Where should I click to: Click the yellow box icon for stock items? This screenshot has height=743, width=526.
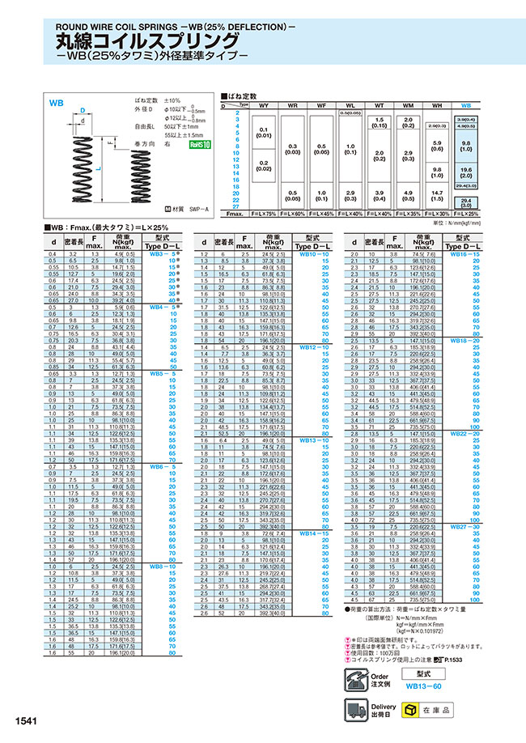tap(411, 710)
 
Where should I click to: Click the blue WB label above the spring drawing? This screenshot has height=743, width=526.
tap(57, 104)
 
